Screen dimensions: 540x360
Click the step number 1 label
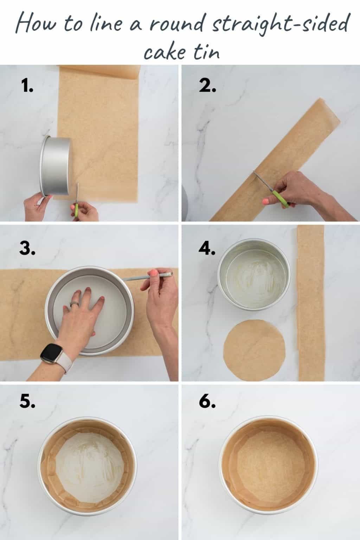click(x=27, y=85)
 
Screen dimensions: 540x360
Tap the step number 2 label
click(x=207, y=85)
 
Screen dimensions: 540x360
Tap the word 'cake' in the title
click(x=164, y=52)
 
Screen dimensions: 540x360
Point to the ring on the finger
click(x=75, y=304)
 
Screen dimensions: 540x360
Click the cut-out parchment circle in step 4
click(x=255, y=350)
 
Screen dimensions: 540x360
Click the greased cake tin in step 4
click(x=254, y=277)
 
